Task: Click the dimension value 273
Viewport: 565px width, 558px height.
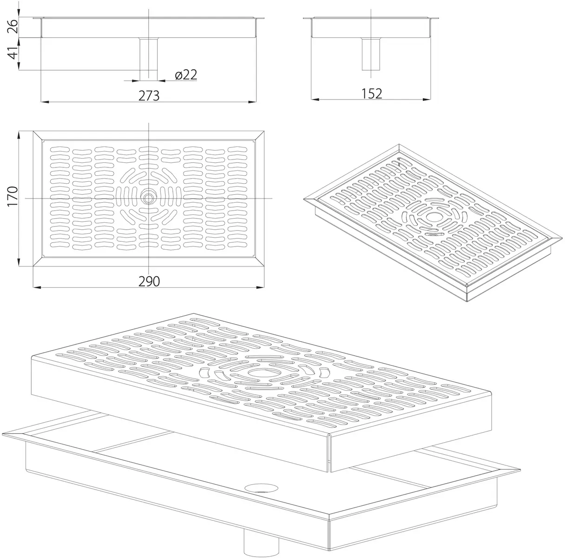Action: coord(149,96)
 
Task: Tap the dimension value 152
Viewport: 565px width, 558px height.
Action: coord(372,93)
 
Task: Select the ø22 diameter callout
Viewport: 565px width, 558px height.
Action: coord(186,75)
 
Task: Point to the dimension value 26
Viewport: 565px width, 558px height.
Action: coord(13,26)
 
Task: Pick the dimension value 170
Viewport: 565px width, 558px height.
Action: coord(13,196)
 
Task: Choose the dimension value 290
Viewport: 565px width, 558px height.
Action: coord(149,281)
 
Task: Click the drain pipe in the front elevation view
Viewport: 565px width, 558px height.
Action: coord(148,59)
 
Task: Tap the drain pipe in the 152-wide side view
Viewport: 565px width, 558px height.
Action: coord(371,54)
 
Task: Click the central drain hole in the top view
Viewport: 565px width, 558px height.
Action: coord(148,198)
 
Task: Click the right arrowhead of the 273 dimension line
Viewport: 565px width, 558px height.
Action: coord(253,102)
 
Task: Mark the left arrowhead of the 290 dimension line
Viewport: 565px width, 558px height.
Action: coord(37,288)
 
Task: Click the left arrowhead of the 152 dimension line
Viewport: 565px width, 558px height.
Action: coord(315,100)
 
